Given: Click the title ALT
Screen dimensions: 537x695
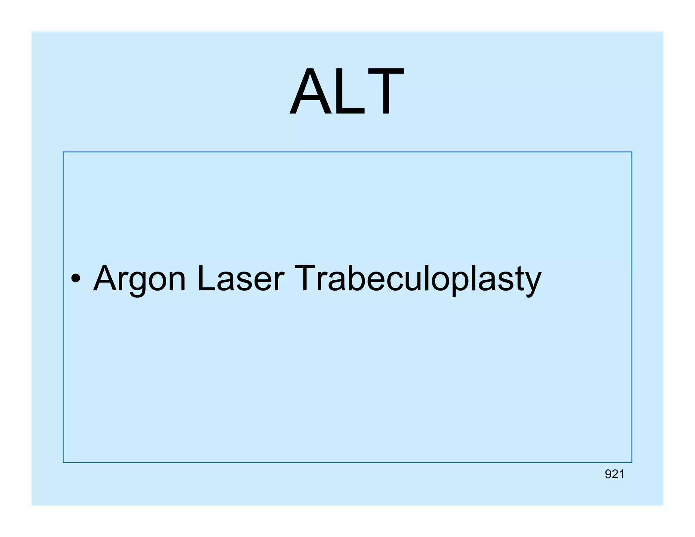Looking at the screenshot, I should click(x=347, y=92).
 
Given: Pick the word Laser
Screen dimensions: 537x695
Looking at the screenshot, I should click(x=240, y=278).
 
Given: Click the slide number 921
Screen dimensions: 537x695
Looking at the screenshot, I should click(x=615, y=474).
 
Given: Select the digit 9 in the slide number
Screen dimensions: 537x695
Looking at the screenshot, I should click(x=608, y=474).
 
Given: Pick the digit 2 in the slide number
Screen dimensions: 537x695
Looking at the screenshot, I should click(x=615, y=474).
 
